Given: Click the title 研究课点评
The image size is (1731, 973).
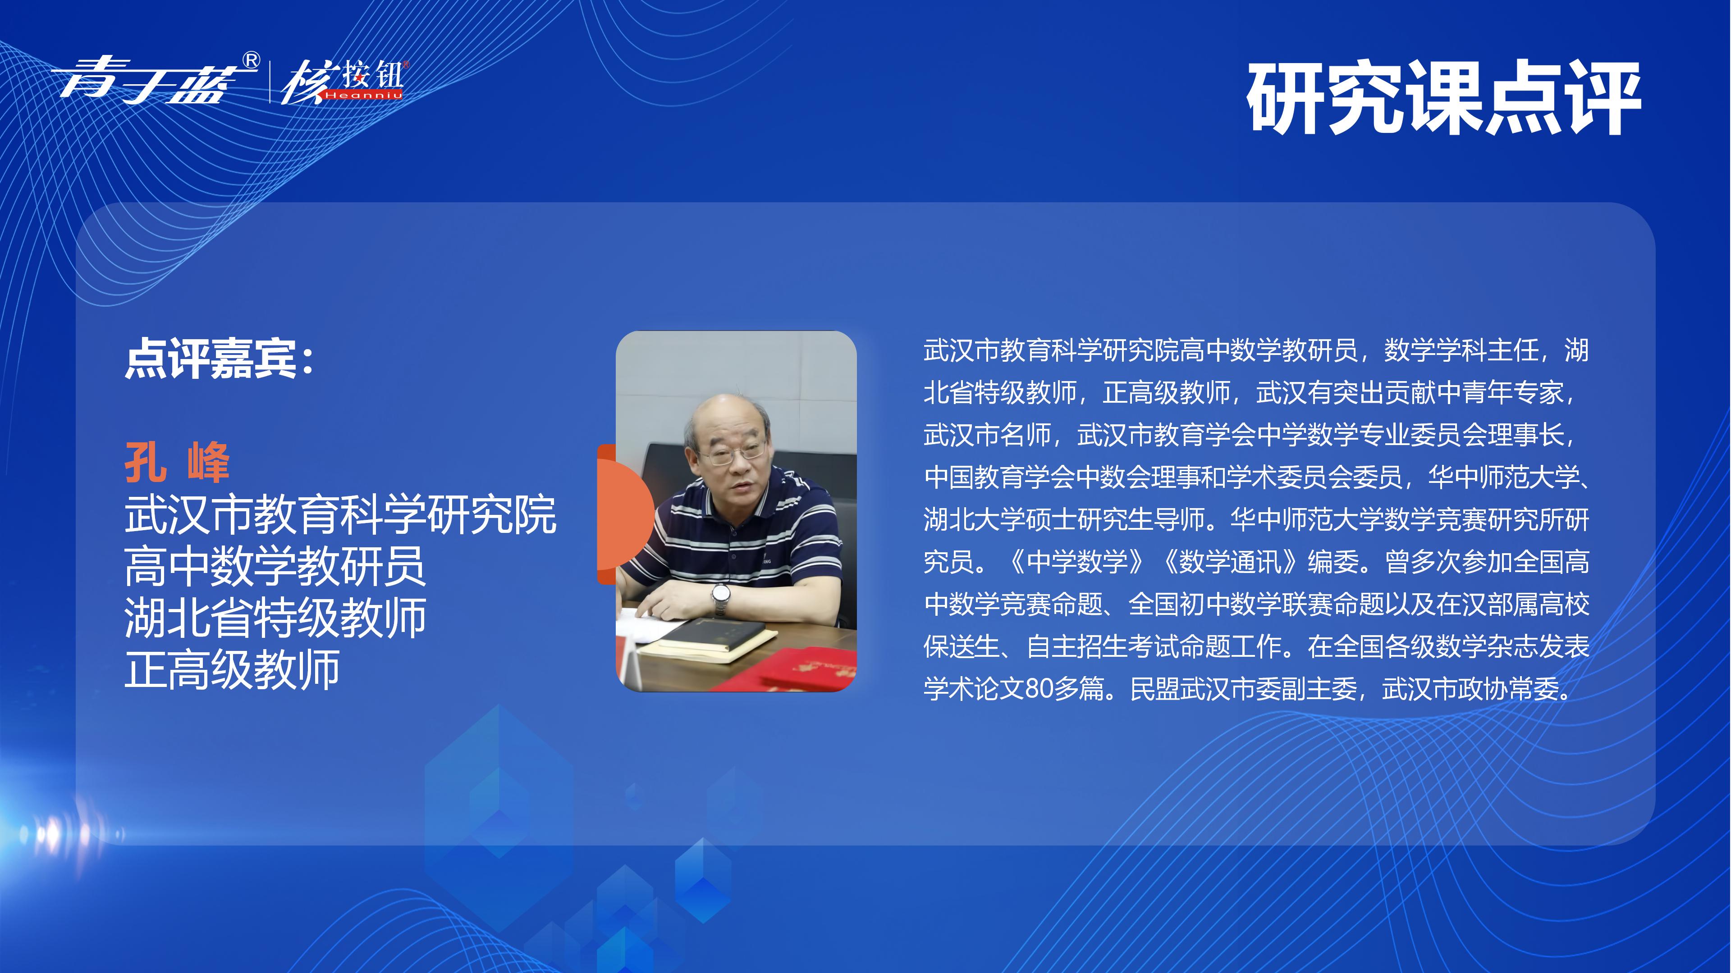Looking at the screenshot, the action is coord(1444,100).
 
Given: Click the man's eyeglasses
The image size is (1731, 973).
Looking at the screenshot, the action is coord(731,455).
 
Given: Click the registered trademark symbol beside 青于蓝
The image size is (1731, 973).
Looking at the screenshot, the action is coord(250,61).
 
